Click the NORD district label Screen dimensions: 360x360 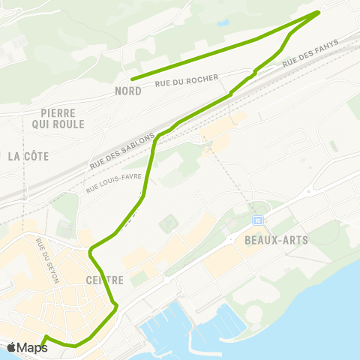click(127, 91)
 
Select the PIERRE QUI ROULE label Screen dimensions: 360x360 click(58, 118)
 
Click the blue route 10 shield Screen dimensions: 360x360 click(258, 220)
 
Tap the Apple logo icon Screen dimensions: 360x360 click(11, 347)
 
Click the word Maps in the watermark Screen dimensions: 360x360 click(32, 347)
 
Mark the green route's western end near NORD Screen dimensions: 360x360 click(132, 79)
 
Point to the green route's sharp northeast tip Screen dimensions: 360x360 click(319, 12)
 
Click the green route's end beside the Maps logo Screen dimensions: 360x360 click(46, 337)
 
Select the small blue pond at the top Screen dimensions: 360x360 click(223, 23)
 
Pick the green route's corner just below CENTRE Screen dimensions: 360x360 click(115, 305)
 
